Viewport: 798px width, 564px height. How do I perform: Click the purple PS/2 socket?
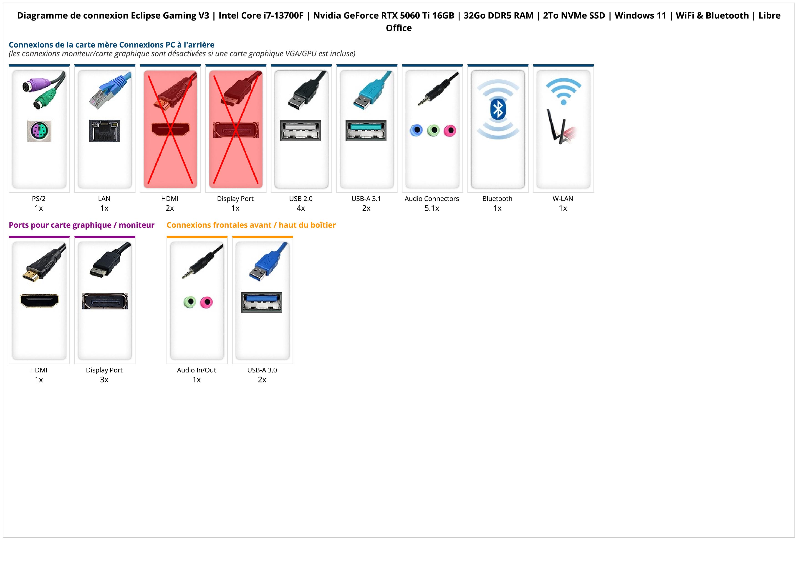(x=39, y=131)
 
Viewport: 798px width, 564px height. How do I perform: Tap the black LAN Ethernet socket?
(x=105, y=131)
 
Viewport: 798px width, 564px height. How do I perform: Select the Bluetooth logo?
(x=498, y=109)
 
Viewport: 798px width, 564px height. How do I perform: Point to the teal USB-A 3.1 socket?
(x=366, y=131)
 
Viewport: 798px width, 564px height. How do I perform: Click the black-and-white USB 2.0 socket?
(x=301, y=131)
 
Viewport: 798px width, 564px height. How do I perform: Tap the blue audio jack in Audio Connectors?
(x=416, y=130)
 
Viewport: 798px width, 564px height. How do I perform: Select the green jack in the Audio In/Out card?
(x=190, y=302)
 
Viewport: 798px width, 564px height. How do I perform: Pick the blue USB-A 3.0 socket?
(x=262, y=302)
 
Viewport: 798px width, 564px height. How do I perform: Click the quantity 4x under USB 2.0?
(x=301, y=208)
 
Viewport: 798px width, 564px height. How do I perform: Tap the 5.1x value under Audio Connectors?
(x=432, y=208)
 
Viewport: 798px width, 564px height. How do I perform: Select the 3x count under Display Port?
(x=104, y=379)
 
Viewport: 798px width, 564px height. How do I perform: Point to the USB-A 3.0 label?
(x=262, y=370)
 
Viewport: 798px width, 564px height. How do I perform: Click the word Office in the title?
(x=399, y=28)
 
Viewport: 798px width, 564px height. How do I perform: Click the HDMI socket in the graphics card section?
(x=39, y=301)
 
